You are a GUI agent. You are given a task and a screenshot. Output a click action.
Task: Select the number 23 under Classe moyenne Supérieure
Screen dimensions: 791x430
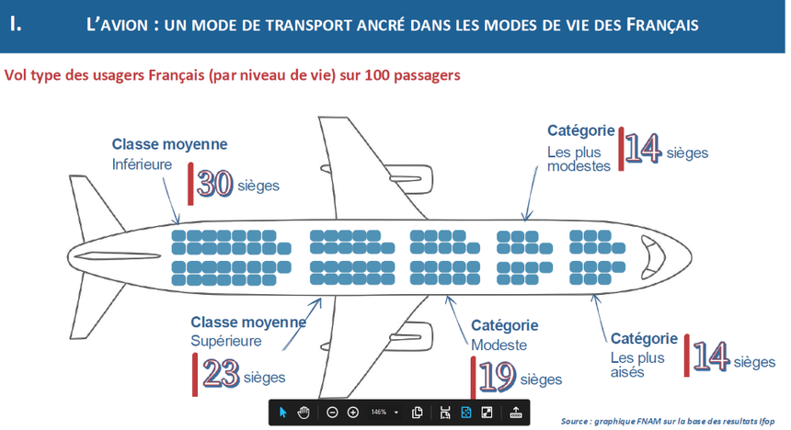coord(221,374)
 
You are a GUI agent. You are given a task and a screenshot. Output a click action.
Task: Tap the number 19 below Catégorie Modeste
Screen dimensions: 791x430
coord(498,377)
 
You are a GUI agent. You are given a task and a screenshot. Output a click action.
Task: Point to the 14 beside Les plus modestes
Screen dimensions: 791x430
coord(643,148)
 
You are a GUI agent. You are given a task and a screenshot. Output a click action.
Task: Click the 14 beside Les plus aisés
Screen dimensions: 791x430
coord(711,356)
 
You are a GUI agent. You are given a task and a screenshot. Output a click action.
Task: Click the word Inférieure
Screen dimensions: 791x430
coord(142,164)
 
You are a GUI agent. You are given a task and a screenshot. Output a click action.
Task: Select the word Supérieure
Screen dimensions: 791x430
coord(226,341)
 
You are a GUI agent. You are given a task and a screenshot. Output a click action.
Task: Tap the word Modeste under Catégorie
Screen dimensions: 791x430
coord(499,345)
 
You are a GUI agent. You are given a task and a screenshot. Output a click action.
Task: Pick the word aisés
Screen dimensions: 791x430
coord(627,372)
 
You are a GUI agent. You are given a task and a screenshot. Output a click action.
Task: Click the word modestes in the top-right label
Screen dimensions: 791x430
coord(579,166)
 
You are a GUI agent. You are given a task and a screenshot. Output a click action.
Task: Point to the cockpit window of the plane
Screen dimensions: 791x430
coord(653,257)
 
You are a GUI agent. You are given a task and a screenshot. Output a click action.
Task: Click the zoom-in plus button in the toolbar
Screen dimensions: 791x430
coord(353,413)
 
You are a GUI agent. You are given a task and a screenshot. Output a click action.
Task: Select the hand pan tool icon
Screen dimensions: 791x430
coord(304,413)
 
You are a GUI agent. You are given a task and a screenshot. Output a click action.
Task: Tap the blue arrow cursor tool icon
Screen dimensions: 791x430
coord(282,413)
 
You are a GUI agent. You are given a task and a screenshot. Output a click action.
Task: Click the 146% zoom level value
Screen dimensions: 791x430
coord(378,413)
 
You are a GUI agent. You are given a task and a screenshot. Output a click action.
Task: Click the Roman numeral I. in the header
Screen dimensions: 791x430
coord(16,24)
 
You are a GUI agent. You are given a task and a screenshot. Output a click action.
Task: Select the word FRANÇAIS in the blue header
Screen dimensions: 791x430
coord(662,25)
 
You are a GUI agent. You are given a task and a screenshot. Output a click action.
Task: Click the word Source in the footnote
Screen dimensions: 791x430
coord(574,421)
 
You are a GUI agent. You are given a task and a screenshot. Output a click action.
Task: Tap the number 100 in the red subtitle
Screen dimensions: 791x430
coord(377,75)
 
